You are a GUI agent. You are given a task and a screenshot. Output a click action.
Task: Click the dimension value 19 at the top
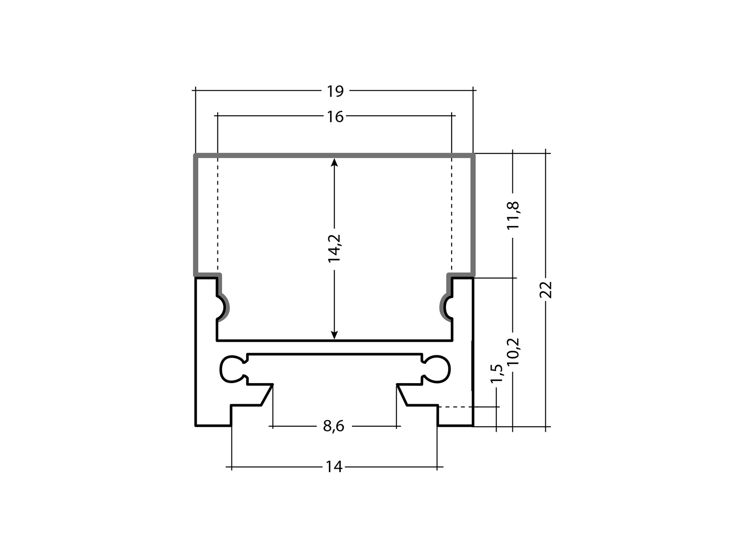tap(335, 91)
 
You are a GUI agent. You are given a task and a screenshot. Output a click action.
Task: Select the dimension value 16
tap(335, 117)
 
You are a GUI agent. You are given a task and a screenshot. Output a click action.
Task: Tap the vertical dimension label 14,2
tap(334, 248)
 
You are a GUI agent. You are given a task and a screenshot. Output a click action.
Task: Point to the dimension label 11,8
tap(513, 215)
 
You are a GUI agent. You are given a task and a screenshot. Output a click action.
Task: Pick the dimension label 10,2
tap(513, 352)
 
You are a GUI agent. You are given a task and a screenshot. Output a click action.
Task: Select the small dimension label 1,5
tap(496, 374)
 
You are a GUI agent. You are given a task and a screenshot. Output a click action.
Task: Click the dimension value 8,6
tap(334, 426)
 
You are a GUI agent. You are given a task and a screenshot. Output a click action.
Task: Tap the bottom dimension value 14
tap(334, 467)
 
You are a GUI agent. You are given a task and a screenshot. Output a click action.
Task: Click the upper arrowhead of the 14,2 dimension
tap(334, 162)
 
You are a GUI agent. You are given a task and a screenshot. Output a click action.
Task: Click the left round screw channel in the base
tap(231, 369)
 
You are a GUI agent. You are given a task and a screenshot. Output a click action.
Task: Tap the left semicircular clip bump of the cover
tap(224, 306)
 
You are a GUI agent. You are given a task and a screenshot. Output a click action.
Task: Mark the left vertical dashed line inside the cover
tap(217, 213)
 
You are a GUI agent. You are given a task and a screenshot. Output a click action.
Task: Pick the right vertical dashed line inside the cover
tap(452, 213)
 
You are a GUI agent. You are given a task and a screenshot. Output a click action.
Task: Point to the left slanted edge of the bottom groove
tap(267, 395)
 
